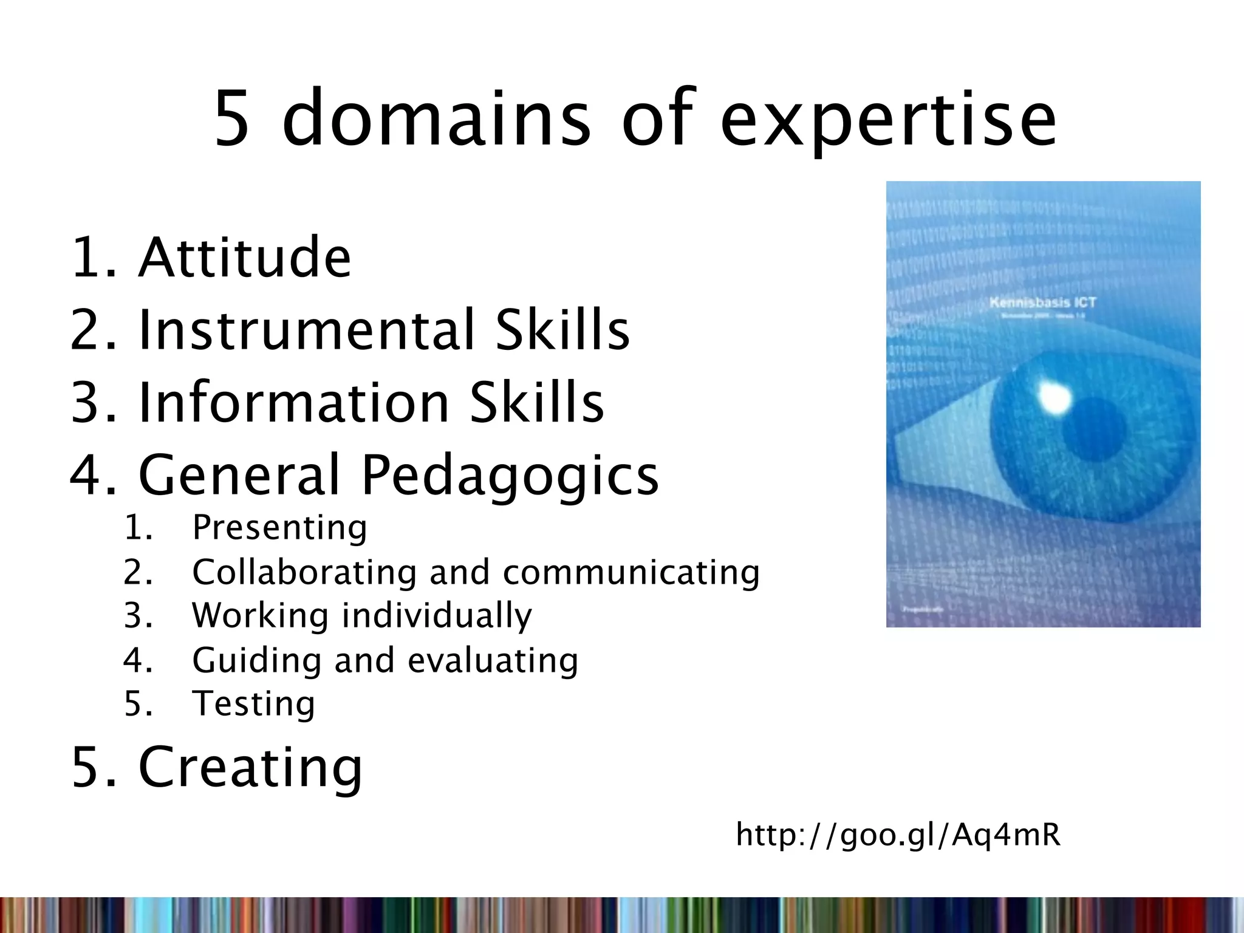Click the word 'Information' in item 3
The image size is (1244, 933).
[x=293, y=402]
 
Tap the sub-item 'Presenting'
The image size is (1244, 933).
[x=279, y=527]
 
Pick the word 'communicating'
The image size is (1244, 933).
[x=631, y=572]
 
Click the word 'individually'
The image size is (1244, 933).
[x=437, y=616]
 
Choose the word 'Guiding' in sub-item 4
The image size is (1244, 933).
[x=256, y=660]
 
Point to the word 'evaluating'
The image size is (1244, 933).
[x=493, y=660]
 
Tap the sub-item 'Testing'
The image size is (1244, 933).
[x=253, y=704]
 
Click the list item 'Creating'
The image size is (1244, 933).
[x=250, y=767]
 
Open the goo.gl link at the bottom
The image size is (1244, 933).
[x=898, y=835]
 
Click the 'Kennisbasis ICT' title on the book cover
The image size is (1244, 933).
[x=1042, y=302]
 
